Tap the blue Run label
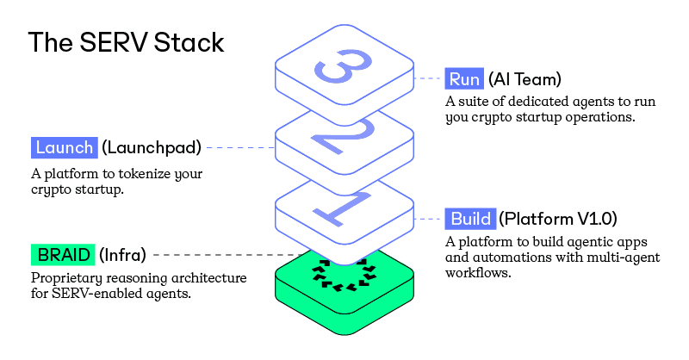click(464, 80)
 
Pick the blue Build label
click(470, 218)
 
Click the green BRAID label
click(62, 255)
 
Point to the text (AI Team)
click(525, 80)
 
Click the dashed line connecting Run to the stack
click(428, 78)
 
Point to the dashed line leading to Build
click(429, 217)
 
